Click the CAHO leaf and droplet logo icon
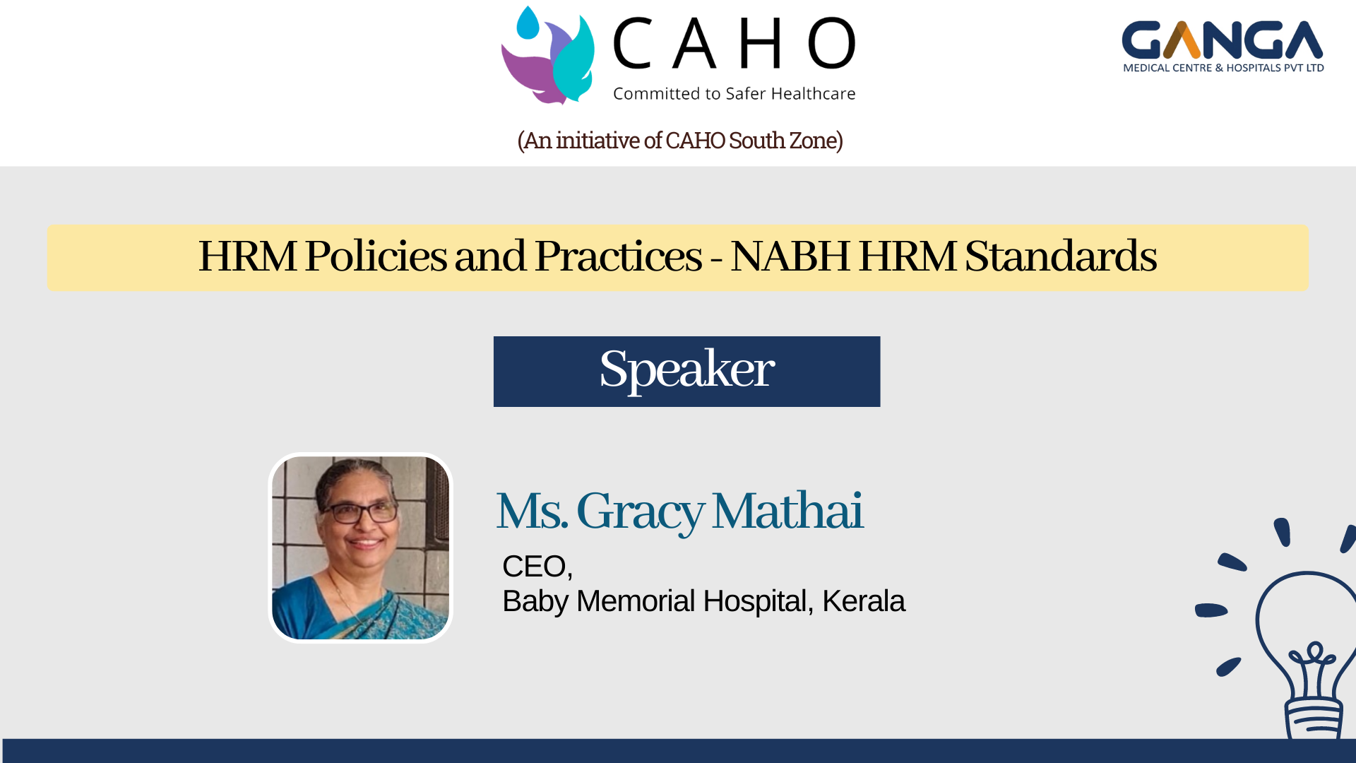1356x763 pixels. click(548, 56)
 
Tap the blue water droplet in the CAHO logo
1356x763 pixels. click(528, 23)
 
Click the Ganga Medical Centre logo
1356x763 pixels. click(1223, 47)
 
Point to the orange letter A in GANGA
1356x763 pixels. click(1182, 40)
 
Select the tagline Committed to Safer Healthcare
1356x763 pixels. click(734, 93)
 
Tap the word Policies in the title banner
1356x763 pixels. click(376, 256)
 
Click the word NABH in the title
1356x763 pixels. click(790, 256)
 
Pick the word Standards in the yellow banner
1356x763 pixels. click(1061, 256)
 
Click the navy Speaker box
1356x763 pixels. click(686, 372)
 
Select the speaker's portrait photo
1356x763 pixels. click(360, 548)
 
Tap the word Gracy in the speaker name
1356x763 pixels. click(640, 511)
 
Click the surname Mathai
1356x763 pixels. click(787, 510)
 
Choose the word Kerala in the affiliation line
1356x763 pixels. click(863, 601)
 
